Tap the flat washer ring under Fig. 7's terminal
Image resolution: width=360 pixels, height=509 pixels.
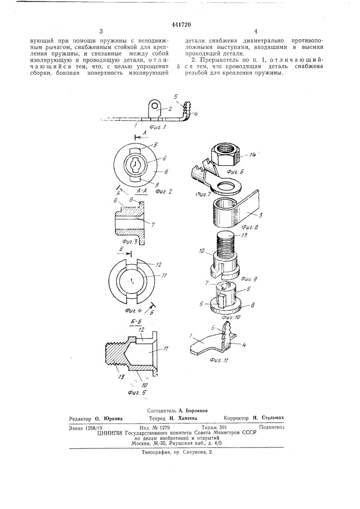click(226, 188)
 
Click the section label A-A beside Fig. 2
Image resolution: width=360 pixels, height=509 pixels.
click(143, 191)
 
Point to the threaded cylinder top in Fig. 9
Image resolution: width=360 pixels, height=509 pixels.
click(225, 235)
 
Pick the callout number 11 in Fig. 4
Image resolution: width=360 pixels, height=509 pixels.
click(164, 275)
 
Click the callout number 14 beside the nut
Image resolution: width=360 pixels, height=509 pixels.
click(253, 155)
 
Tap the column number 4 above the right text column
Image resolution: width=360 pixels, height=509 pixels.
click(256, 32)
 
